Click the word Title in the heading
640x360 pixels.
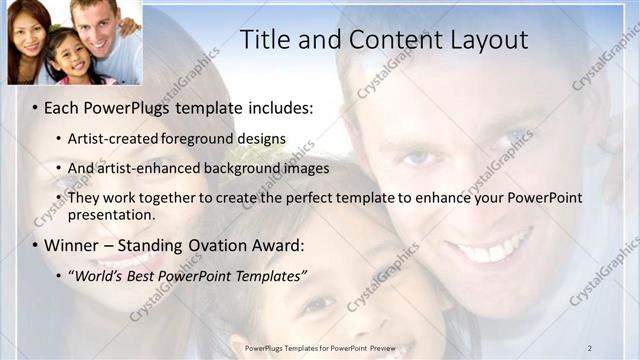coord(269,40)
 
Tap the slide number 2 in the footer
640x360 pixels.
coord(590,348)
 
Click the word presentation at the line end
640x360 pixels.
coord(109,214)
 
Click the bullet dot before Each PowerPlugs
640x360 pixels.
coord(35,107)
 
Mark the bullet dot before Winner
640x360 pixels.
coord(35,246)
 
